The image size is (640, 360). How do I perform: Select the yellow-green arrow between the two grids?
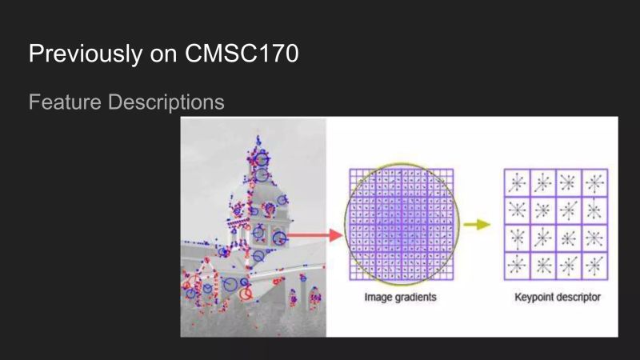(478, 225)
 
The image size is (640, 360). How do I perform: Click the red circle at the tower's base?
(246, 294)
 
